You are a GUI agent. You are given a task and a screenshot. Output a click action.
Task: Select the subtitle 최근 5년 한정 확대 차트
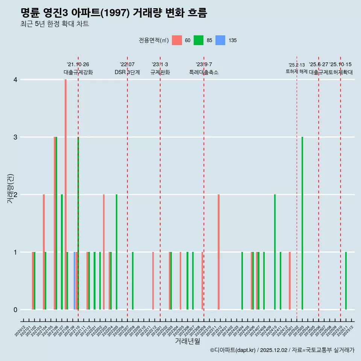point(55,24)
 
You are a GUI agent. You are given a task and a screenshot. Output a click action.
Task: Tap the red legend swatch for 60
point(177,40)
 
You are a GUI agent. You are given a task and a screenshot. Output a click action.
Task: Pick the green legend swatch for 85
point(199,40)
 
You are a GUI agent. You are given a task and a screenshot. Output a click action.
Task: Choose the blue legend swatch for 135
point(220,40)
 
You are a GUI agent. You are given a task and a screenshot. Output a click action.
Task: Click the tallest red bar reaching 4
point(65,194)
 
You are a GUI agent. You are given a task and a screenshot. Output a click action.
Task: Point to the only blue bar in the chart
point(74,281)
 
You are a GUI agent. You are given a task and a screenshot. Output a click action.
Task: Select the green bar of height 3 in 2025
point(302,223)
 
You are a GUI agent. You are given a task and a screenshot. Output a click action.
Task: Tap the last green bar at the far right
point(346,281)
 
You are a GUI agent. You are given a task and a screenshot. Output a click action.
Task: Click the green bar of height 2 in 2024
point(275,252)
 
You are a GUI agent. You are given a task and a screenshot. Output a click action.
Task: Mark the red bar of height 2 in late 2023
point(218,252)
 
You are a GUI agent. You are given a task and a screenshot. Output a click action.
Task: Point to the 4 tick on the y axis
point(15,80)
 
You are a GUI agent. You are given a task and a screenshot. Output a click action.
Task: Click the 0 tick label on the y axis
point(15,310)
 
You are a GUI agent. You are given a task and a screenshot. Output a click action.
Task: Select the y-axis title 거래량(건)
point(10,188)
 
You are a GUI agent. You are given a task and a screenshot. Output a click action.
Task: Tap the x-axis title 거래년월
point(187,341)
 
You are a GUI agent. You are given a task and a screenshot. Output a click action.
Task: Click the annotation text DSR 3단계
point(127,72)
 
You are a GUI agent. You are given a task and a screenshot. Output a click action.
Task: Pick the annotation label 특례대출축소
point(203,72)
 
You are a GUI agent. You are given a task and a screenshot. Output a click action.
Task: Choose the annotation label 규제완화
point(160,72)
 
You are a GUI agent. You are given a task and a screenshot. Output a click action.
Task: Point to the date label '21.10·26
point(78,65)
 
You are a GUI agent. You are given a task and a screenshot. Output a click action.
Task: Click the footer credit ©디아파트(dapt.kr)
point(233,350)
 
